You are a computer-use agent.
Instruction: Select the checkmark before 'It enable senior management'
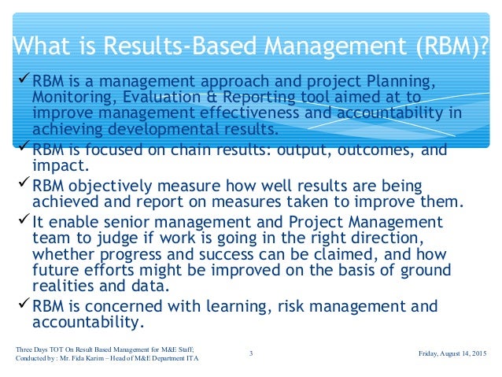click(x=24, y=220)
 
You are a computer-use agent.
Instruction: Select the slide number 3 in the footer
click(x=250, y=353)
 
